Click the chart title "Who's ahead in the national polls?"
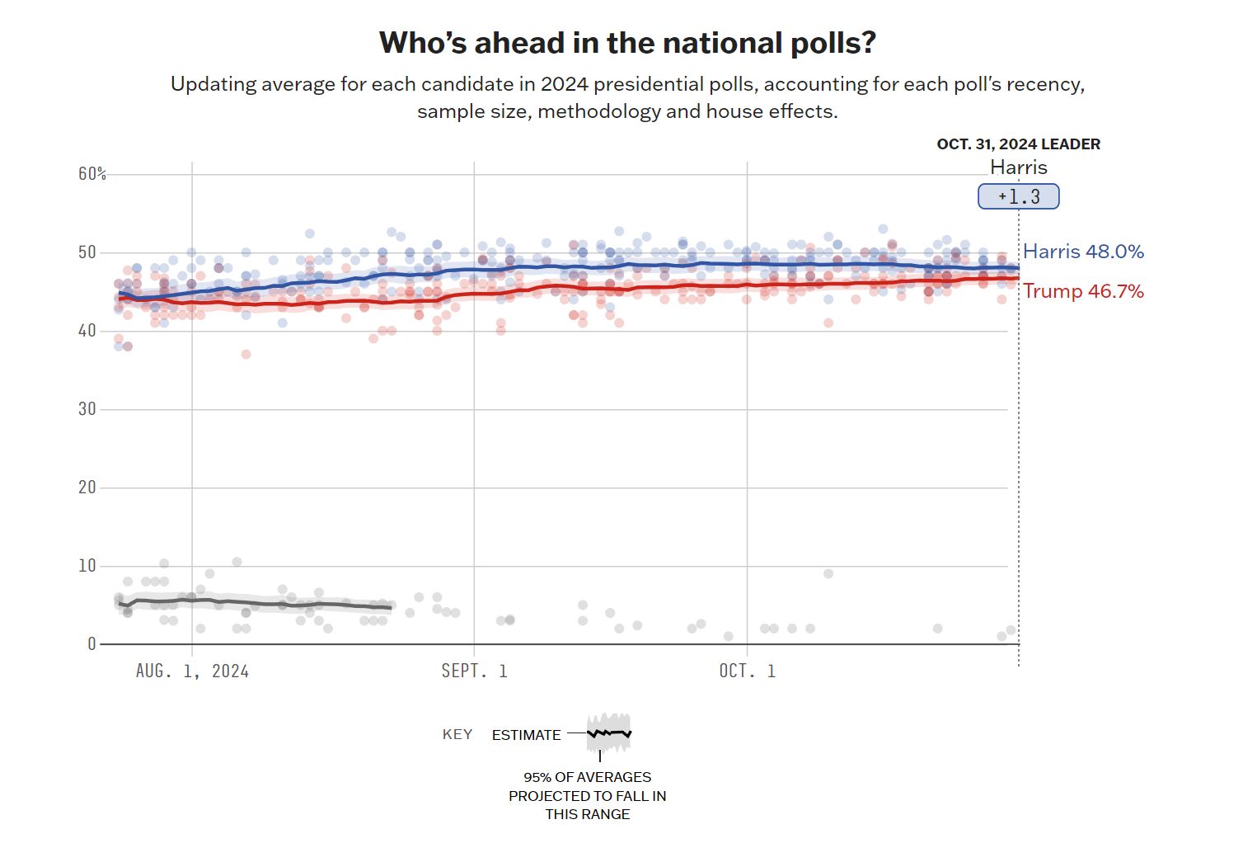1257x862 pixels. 627,43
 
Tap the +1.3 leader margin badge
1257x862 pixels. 1018,197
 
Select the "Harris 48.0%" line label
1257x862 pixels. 1083,252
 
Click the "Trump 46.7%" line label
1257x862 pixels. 1083,291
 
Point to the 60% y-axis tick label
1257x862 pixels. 92,173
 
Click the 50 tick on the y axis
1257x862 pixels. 87,252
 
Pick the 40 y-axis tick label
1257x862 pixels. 87,330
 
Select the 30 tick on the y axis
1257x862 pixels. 87,408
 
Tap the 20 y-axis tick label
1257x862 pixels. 87,487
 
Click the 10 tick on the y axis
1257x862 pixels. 87,565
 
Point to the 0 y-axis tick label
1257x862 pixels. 91,643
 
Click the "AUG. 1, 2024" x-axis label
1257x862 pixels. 192,671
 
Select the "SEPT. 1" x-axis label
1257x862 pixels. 474,671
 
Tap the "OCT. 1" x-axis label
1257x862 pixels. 747,671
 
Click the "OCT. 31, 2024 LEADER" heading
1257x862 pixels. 1018,144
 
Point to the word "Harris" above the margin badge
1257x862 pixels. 1018,167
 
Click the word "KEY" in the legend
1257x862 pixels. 457,734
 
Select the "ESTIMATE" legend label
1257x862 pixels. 526,735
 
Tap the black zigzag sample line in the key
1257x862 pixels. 609,732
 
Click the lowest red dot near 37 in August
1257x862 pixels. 246,354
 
